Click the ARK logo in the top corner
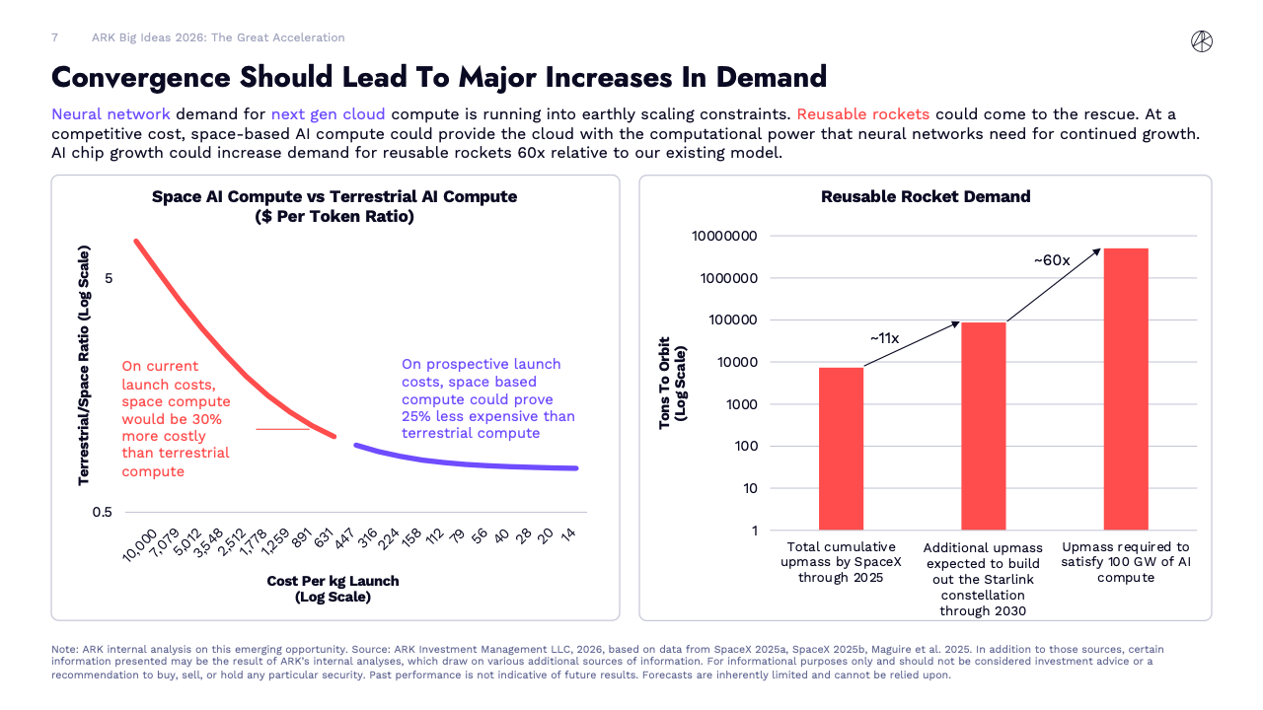tap(1202, 40)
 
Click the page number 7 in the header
tap(54, 37)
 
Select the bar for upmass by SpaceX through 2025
tap(841, 448)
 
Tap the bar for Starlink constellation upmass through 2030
tap(984, 425)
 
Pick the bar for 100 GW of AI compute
tap(1126, 389)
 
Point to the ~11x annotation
tap(884, 338)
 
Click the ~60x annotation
tap(1052, 260)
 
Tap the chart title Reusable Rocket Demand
tap(926, 196)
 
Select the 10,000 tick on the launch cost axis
tap(140, 544)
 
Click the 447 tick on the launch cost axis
tap(344, 537)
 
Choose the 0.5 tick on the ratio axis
tap(102, 512)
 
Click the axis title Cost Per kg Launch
tap(333, 581)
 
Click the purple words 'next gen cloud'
tap(328, 113)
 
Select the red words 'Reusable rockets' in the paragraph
tap(862, 113)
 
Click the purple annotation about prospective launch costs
tap(487, 398)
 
